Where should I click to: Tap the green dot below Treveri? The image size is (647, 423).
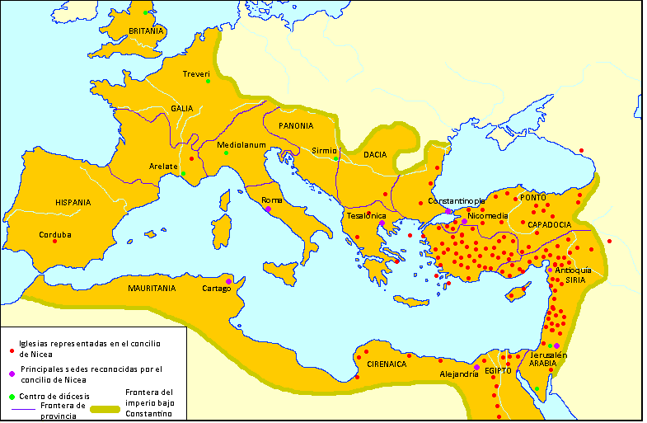pos(208,81)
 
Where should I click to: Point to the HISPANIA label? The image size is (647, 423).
pos(73,202)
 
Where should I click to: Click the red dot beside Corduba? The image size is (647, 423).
pos(55,242)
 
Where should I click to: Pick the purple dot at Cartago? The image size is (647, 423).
pos(228,280)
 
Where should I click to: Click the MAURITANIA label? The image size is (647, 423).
pos(152,289)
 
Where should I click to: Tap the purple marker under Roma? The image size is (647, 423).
pos(269,209)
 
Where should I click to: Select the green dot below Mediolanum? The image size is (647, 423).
pos(226,153)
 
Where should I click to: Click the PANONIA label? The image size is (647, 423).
pos(296,126)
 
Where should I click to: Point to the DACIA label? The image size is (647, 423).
pos(375,155)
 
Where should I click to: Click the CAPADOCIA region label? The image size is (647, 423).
pos(550,224)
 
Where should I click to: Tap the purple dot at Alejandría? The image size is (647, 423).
pos(476,367)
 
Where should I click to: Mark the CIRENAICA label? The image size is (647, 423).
pos(387,364)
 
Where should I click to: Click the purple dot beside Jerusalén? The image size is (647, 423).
pos(556,345)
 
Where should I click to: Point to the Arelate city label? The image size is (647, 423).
pos(163,167)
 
